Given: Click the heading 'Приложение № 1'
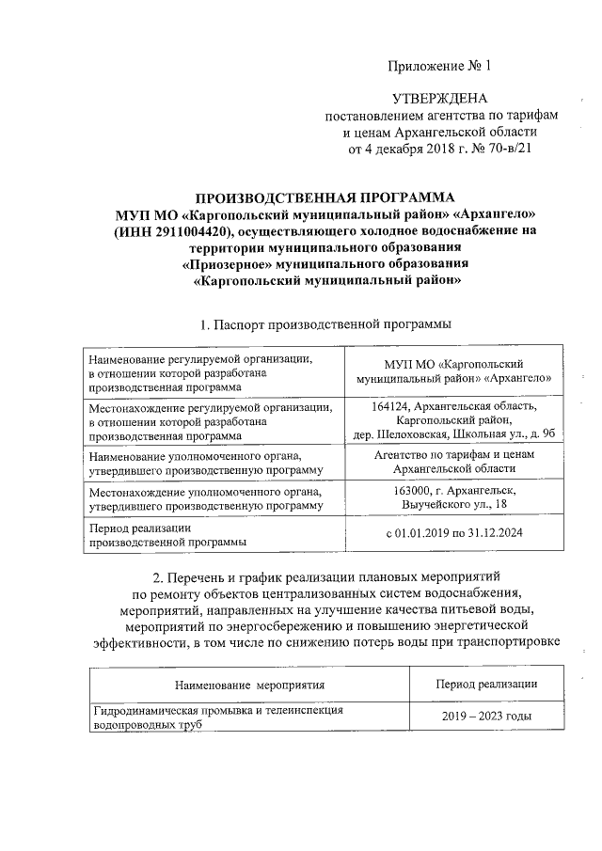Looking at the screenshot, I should (439, 67).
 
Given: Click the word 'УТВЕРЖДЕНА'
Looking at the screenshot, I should (439, 99).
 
